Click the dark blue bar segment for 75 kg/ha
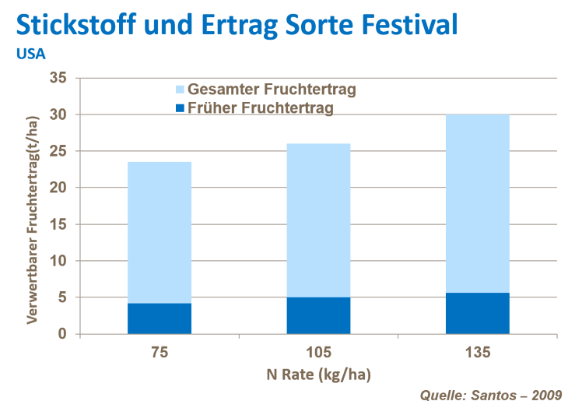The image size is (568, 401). tap(160, 318)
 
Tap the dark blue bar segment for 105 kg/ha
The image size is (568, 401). tap(318, 315)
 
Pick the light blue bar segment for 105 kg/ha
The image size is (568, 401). tap(318, 220)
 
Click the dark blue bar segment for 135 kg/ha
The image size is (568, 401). tap(477, 313)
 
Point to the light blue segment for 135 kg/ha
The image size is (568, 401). tap(477, 203)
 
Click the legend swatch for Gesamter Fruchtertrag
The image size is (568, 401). tap(180, 90)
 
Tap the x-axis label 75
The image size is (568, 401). tap(160, 353)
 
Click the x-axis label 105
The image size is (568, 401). tap(319, 353)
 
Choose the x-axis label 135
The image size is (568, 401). tap(478, 353)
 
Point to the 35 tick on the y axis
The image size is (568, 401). tap(58, 78)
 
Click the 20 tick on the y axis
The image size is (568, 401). tap(58, 188)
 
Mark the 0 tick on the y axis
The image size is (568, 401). tap(63, 334)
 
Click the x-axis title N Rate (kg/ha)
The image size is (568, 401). tap(319, 375)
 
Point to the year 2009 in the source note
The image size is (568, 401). tap(545, 393)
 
